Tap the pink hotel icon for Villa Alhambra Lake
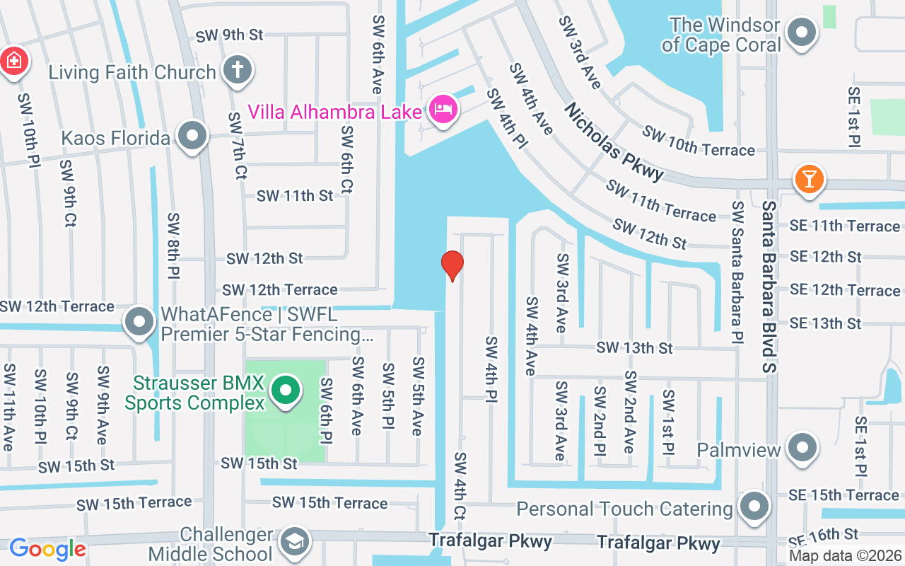click(443, 109)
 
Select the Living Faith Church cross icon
click(237, 70)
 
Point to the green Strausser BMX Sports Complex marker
click(285, 390)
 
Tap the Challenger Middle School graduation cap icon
click(294, 543)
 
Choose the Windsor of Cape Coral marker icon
click(802, 33)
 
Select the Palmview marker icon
click(802, 449)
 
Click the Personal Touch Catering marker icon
click(754, 507)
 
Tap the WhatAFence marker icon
click(139, 322)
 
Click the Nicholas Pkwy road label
click(614, 141)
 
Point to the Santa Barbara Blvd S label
click(769, 286)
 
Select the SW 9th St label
click(229, 35)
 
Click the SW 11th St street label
click(294, 196)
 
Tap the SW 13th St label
click(634, 348)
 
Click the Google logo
click(47, 549)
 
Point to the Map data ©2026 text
click(846, 556)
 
